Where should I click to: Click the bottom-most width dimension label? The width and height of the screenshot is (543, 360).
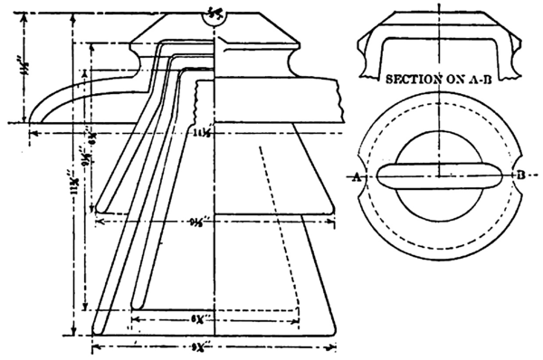211,346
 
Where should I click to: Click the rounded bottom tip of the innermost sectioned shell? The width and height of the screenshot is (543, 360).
137,302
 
